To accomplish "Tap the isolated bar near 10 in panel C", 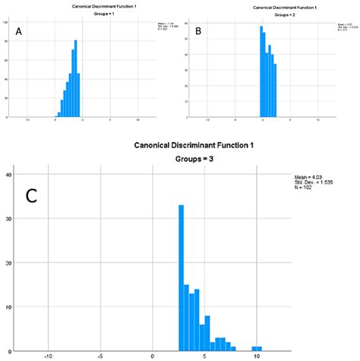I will click(x=257, y=348).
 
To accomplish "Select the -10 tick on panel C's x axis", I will click(x=49, y=356).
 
